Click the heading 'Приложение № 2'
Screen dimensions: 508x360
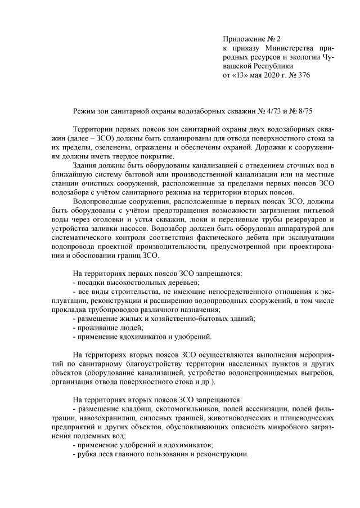pos(252,39)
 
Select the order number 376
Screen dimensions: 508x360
pos(303,75)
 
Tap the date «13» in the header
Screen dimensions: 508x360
pos(242,75)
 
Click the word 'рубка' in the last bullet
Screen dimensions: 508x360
pos(88,453)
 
